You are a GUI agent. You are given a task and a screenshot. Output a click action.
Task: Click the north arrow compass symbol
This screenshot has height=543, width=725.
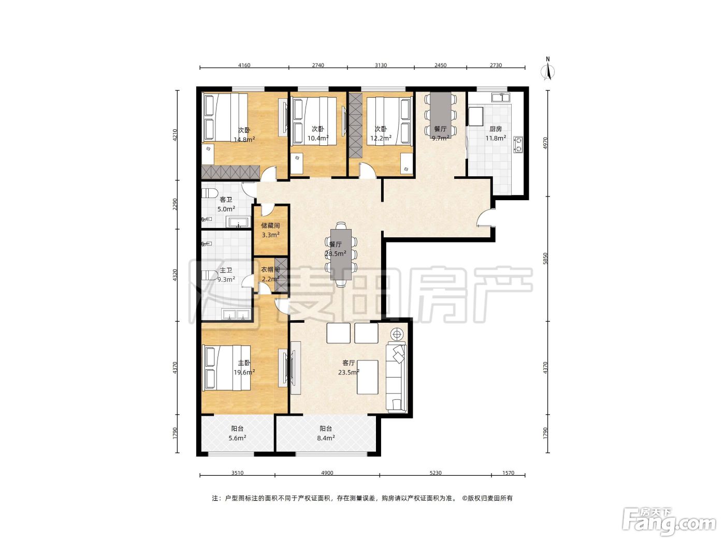tap(547, 69)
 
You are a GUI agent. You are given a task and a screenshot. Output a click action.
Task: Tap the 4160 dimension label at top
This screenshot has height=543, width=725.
tap(244, 65)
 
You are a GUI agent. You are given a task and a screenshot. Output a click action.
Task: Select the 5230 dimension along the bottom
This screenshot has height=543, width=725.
tap(435, 473)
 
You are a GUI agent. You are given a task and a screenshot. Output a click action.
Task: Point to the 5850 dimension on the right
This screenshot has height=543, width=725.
tap(545, 258)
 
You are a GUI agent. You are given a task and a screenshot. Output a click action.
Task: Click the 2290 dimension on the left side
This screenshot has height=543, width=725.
tap(175, 204)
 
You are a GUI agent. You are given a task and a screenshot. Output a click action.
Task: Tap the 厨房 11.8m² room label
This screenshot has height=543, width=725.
tap(496, 133)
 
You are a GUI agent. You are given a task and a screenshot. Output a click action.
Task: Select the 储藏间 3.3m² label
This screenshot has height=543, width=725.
tap(270, 230)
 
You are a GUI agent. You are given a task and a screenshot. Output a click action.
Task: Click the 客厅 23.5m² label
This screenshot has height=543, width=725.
tap(349, 368)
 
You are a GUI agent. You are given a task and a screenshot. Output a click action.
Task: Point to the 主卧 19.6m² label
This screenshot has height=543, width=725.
tap(244, 368)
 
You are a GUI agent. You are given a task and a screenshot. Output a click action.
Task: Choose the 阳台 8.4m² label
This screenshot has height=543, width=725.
tap(326, 433)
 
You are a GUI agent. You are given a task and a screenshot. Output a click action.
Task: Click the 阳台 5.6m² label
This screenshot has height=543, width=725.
tap(237, 433)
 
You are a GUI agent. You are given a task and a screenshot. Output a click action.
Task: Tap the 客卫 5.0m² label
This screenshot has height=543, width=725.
tap(226, 204)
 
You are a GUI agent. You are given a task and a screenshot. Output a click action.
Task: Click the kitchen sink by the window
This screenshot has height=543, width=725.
tap(500, 97)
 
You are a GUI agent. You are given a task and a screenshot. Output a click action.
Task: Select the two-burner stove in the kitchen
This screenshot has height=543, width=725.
tap(518, 144)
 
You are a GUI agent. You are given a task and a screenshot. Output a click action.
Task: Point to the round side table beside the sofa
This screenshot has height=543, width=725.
tap(397, 335)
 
